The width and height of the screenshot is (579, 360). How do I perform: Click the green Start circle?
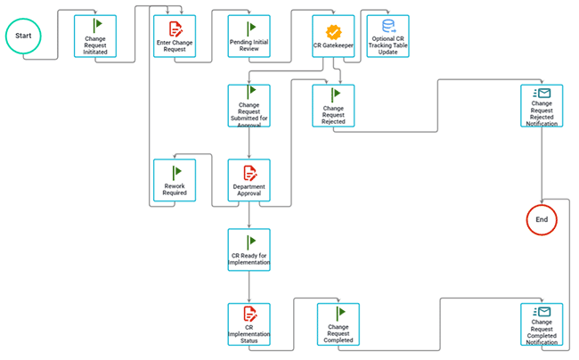(24, 37)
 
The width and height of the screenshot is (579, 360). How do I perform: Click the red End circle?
(542, 218)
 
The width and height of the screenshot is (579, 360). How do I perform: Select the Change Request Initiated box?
(94, 37)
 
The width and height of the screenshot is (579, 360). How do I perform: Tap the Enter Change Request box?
(175, 37)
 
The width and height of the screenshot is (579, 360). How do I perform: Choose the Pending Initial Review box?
(249, 37)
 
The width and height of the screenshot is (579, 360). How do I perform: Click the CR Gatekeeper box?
(333, 37)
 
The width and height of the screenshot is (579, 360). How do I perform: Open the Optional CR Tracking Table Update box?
(387, 37)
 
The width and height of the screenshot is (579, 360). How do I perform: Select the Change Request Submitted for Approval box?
(249, 106)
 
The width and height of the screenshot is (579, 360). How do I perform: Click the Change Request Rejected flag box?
(333, 106)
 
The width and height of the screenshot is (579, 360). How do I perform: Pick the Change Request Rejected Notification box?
(542, 106)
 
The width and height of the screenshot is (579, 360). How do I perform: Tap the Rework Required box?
(175, 181)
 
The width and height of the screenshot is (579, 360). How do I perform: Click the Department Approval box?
(249, 181)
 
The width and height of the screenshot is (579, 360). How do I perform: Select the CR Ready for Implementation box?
(249, 250)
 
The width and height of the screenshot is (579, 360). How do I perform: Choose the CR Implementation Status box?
(249, 324)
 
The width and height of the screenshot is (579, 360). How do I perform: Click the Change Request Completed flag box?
(338, 324)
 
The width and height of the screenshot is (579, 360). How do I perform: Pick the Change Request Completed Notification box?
(542, 324)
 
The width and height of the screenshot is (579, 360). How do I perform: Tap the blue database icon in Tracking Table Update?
(387, 27)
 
